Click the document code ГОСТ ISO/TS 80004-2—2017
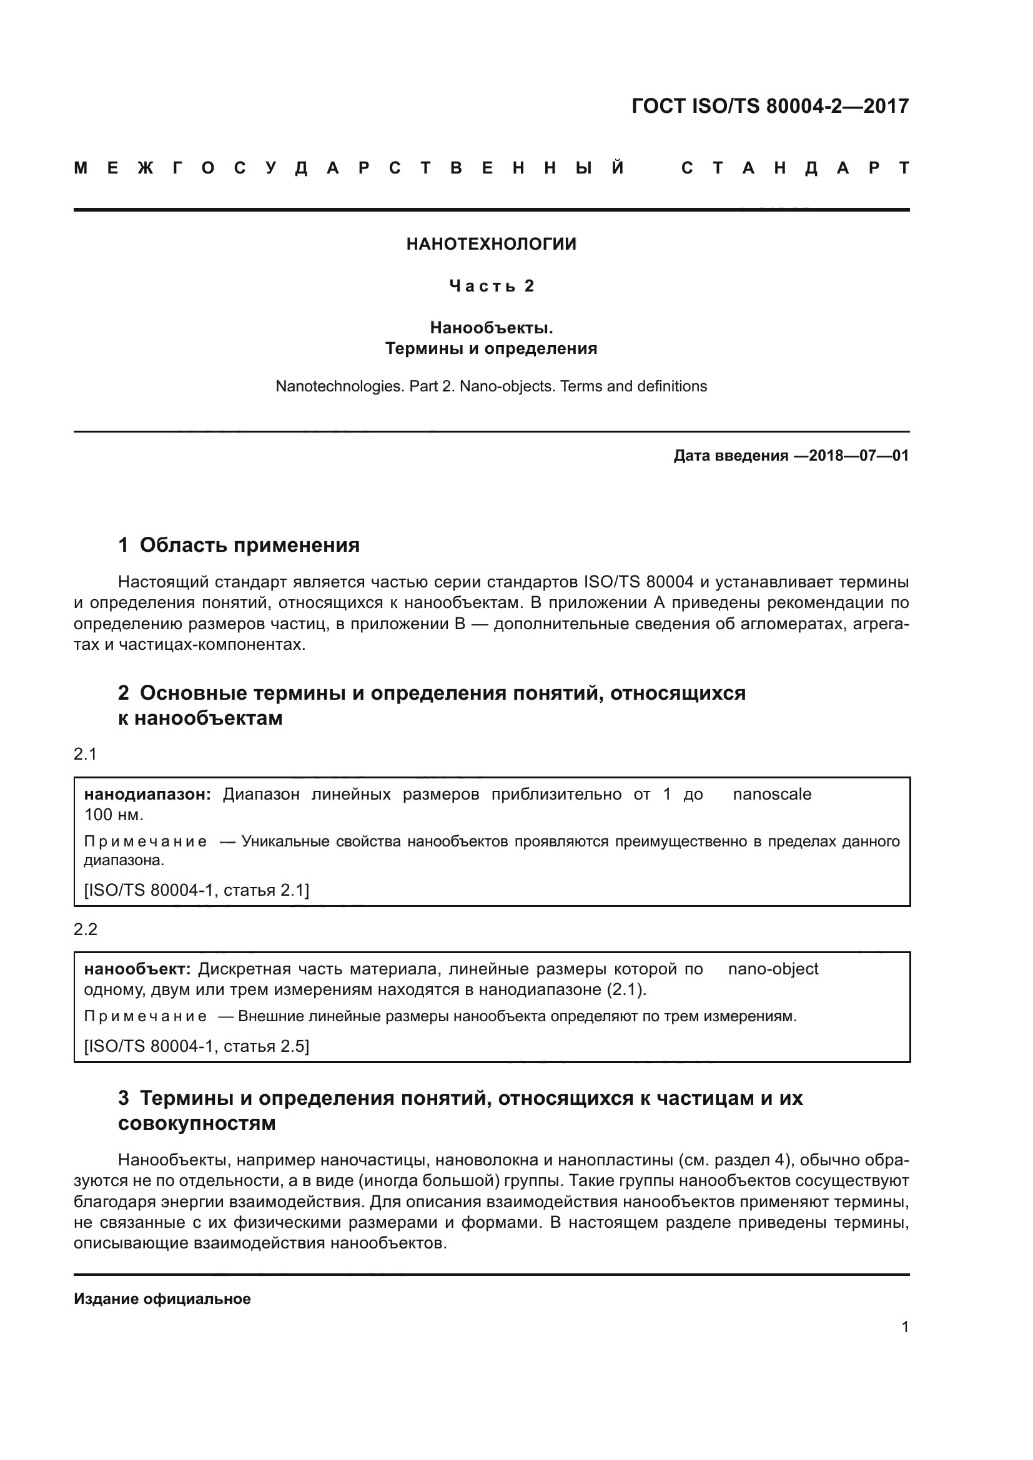[769, 106]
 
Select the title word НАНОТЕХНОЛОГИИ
[491, 244]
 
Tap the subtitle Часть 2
[491, 286]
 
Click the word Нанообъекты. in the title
[491, 328]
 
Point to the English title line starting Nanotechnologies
[491, 386]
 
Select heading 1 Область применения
[239, 545]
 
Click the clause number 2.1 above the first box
[85, 755]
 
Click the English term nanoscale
[771, 794]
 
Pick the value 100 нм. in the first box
[114, 815]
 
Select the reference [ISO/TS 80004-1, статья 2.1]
[197, 890]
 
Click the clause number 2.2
[85, 929]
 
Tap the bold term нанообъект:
[137, 969]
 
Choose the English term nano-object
[773, 969]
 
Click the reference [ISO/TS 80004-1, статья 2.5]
[197, 1046]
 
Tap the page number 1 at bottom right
[905, 1327]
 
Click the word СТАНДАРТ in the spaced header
[795, 169]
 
